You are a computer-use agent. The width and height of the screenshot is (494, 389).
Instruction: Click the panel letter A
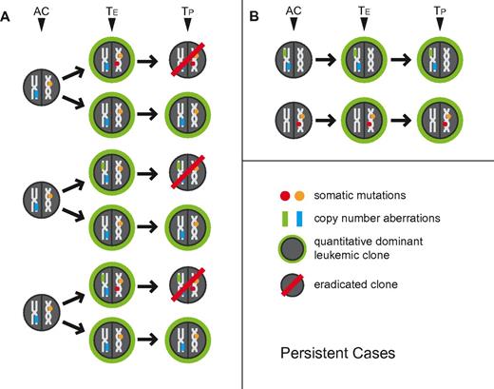pyautogui.click(x=8, y=15)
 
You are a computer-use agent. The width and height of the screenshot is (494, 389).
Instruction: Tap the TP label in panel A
pyautogui.click(x=185, y=16)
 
